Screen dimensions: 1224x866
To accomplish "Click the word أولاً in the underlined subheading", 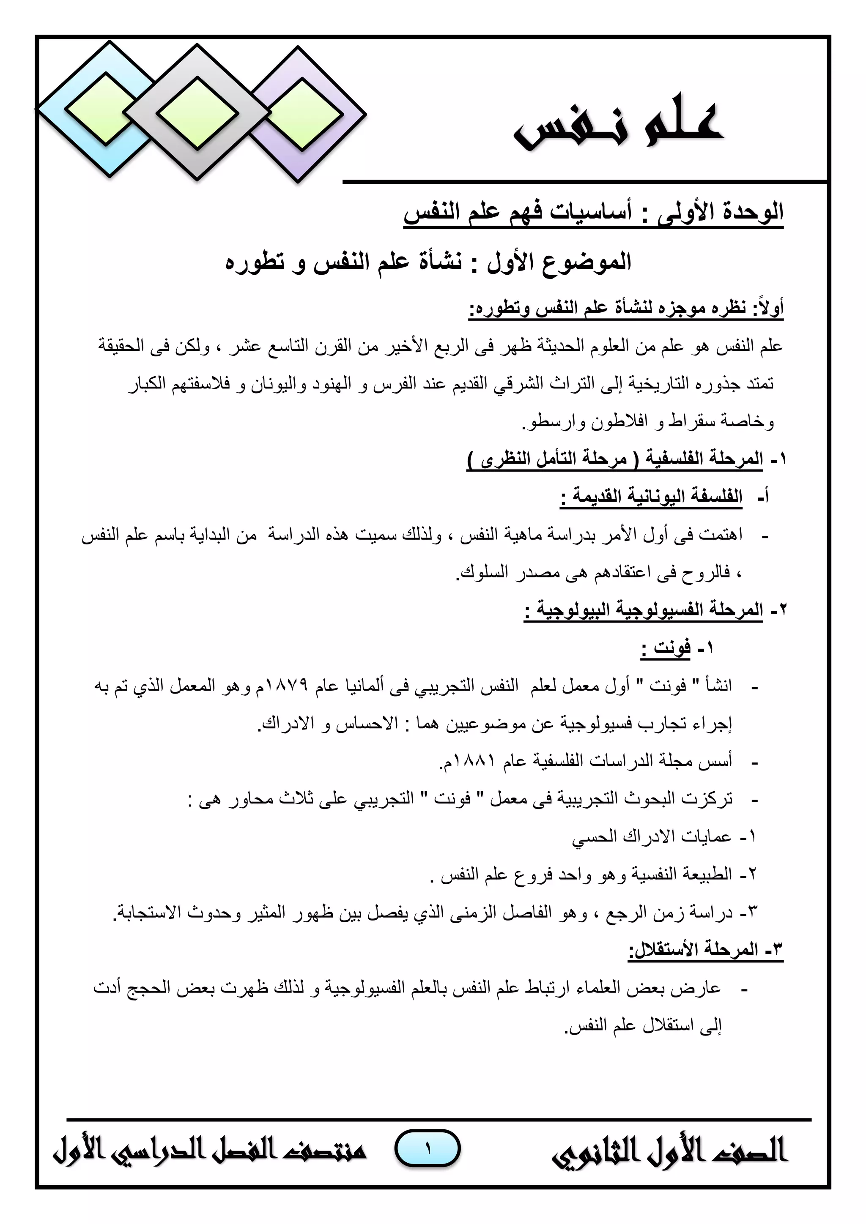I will pyautogui.click(x=768, y=308).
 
